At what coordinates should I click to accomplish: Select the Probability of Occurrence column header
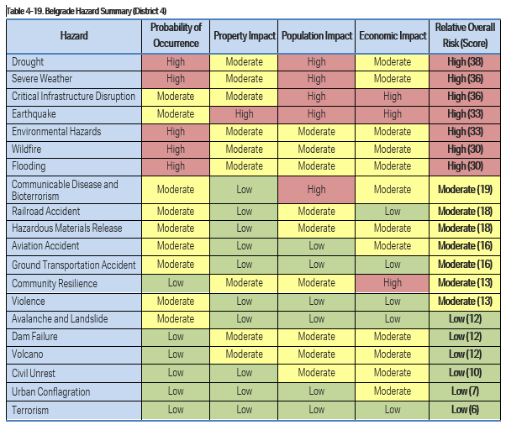(176, 35)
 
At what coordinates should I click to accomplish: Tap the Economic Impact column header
(392, 35)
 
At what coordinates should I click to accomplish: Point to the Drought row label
(28, 62)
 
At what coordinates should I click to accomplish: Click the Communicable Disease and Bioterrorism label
(65, 190)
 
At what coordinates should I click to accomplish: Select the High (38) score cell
(464, 62)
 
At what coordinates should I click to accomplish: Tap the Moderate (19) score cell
(464, 190)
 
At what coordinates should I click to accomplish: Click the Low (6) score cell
(464, 409)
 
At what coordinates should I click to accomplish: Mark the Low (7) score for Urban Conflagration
(464, 391)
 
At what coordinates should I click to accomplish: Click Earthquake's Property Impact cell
(244, 114)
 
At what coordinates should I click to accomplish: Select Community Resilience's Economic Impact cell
(392, 283)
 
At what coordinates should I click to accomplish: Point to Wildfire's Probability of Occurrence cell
(176, 149)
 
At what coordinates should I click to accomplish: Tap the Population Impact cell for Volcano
(316, 354)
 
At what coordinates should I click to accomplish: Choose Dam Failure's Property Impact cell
(244, 337)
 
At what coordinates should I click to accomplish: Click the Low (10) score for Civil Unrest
(464, 373)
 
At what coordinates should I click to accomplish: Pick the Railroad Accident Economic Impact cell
(392, 212)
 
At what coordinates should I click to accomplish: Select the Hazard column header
(74, 35)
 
